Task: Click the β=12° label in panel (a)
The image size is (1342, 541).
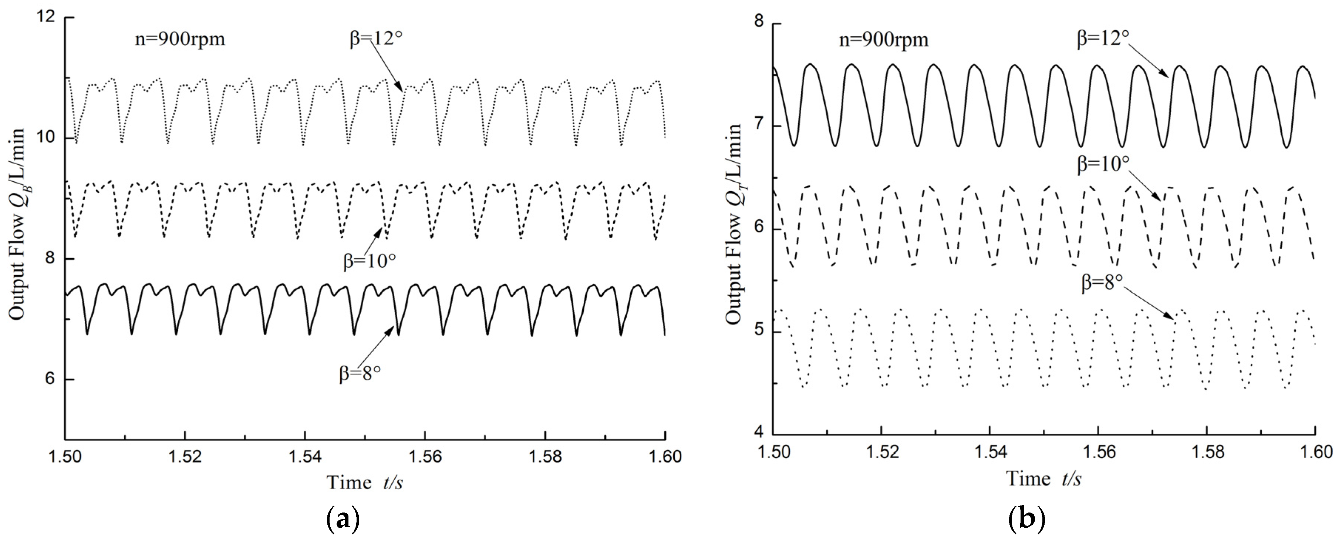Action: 375,38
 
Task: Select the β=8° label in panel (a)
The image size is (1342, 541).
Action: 360,373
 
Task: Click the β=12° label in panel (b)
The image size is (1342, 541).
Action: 1103,38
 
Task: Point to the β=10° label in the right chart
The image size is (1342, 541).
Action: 1103,164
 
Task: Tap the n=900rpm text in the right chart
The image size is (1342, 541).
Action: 884,39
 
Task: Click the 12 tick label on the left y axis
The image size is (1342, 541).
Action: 46,16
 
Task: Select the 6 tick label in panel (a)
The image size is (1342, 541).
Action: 50,379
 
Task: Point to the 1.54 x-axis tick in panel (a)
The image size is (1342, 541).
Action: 305,457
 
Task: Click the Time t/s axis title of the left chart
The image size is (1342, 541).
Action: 365,482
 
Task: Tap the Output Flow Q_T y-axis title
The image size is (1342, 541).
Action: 734,224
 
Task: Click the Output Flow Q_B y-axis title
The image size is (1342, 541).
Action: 17,224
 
